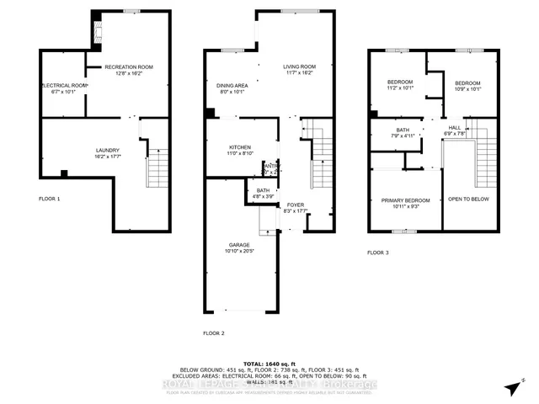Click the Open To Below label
pyautogui.click(x=468, y=199)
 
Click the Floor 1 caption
pyautogui.click(x=50, y=199)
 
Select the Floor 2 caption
pyautogui.click(x=214, y=334)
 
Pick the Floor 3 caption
pyautogui.click(x=379, y=252)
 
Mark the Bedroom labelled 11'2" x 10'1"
pyautogui.click(x=401, y=85)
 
